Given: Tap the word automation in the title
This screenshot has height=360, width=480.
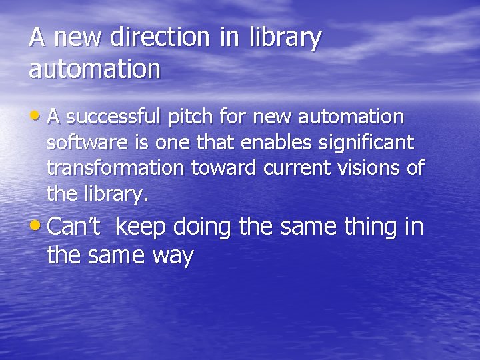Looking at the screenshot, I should pyautogui.click(x=95, y=69).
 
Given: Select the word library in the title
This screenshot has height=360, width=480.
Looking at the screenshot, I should pyautogui.click(x=284, y=39).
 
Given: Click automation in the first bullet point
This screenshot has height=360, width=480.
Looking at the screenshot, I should pyautogui.click(x=351, y=117).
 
